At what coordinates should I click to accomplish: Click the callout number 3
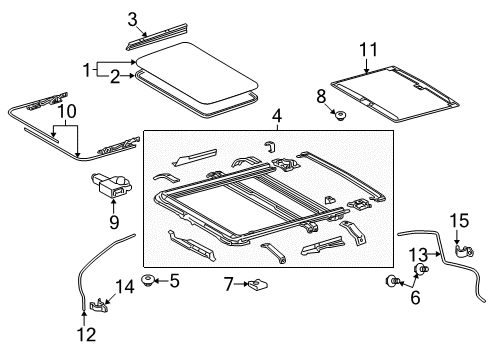(132, 18)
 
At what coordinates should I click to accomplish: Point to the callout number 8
(321, 95)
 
